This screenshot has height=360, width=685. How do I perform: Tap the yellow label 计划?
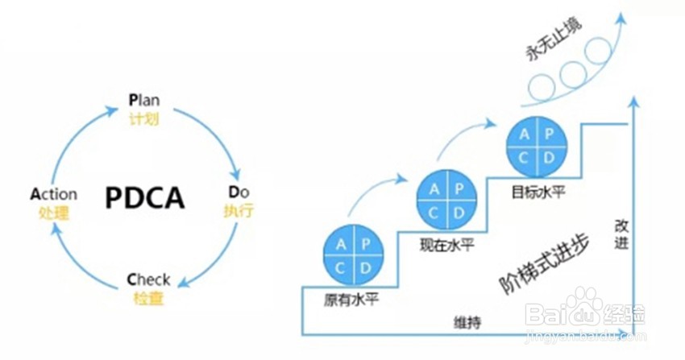coord(144,120)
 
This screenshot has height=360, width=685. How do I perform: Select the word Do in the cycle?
coord(239,192)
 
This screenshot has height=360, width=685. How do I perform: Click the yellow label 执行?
coord(239,212)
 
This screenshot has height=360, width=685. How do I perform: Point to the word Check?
coord(148,280)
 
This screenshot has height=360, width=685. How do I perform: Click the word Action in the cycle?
coord(53,194)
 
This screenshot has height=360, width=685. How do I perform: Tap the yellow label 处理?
coord(54,214)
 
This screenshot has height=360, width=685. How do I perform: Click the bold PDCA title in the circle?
coord(145,197)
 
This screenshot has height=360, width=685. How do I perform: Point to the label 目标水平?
coord(537,193)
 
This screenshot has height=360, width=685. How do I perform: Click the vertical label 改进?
coord(621,234)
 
